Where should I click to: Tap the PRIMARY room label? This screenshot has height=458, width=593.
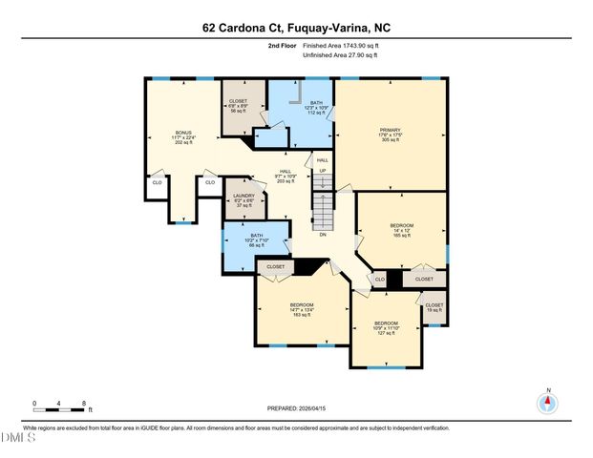[x=391, y=134]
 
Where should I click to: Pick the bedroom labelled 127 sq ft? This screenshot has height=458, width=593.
[x=387, y=328]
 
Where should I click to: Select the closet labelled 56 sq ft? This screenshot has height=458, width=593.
[x=239, y=105]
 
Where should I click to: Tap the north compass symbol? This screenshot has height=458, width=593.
[x=547, y=403]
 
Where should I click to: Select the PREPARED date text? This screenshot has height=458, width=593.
[x=296, y=408]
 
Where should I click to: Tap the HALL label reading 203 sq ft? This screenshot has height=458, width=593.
[x=285, y=177]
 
